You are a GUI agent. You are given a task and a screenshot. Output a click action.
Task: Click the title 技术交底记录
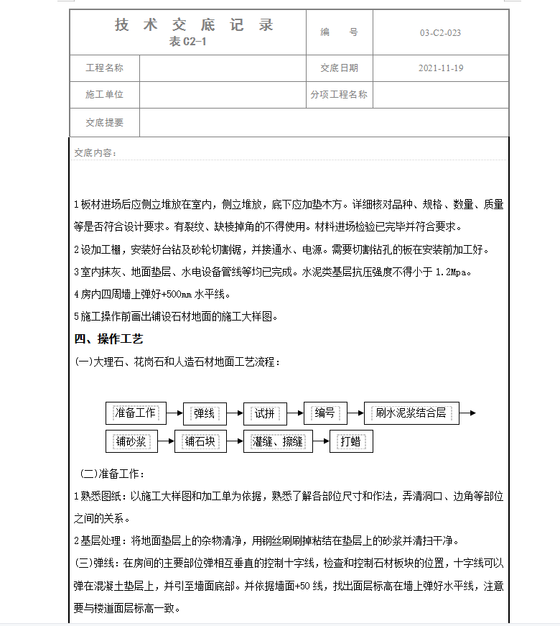pos(194,26)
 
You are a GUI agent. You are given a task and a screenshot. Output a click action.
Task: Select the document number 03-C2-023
pos(440,33)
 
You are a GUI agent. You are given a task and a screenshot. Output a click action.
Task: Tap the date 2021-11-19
pos(440,68)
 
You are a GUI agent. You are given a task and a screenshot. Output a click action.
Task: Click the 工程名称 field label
pos(105,68)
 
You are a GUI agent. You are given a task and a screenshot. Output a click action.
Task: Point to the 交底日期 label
pos(339,68)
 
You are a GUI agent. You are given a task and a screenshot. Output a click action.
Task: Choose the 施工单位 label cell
pos(105,94)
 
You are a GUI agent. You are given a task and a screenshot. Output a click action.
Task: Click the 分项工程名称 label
pos(339,94)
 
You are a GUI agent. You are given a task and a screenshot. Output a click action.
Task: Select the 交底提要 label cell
pos(105,122)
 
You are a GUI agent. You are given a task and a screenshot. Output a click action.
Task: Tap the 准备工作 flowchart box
pos(136,413)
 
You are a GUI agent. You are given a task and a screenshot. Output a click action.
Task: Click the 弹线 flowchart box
pos(204,413)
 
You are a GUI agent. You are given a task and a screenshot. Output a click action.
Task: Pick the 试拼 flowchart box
pos(264,413)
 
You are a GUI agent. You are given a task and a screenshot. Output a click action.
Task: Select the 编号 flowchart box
pos(325,413)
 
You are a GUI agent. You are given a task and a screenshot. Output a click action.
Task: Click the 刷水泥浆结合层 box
pos(411,413)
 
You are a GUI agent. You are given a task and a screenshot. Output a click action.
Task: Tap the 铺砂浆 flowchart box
pos(131,441)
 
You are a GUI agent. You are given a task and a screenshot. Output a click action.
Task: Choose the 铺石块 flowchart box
pos(200,441)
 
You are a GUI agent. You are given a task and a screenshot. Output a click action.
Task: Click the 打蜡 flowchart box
pos(351,441)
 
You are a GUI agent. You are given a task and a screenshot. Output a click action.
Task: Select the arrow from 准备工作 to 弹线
pos(174,413)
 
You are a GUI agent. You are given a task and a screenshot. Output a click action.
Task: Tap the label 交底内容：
pos(95,153)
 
